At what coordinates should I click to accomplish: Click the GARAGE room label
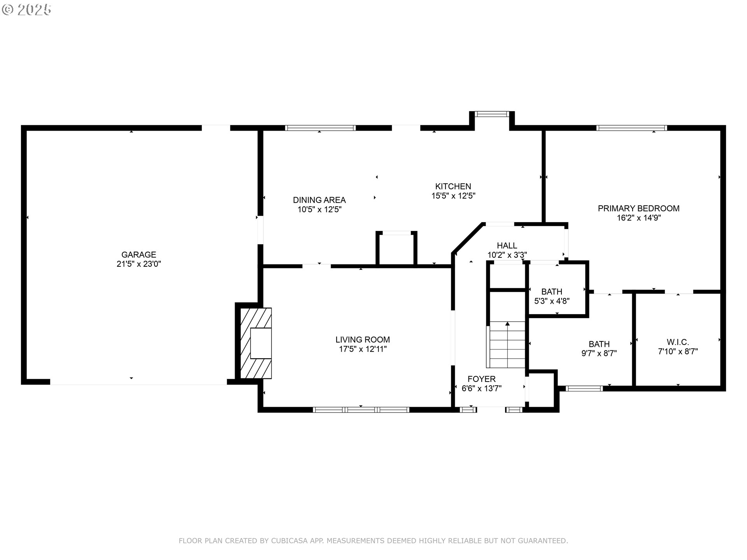tap(139, 255)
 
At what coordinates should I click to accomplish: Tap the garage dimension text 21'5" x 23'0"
tap(139, 264)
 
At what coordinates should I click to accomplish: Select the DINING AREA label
tap(319, 200)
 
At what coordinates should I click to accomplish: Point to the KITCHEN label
tap(453, 186)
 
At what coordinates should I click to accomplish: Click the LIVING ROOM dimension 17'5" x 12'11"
tap(363, 349)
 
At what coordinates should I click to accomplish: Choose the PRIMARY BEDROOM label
tap(638, 208)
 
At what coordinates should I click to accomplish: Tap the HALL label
tap(507, 246)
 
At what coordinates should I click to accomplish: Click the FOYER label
tap(481, 379)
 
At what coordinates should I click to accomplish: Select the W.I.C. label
tap(678, 342)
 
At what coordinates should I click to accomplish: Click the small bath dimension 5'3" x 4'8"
tap(552, 301)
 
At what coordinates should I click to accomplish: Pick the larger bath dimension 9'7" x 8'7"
tap(599, 353)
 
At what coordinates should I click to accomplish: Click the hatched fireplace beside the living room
tap(256, 343)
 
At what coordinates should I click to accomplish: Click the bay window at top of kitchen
tap(492, 114)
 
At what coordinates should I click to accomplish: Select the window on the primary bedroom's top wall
tap(631, 128)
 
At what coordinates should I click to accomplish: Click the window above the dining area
tap(320, 128)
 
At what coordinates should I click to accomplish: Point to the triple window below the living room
tap(361, 409)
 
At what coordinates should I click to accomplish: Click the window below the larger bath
tap(584, 388)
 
